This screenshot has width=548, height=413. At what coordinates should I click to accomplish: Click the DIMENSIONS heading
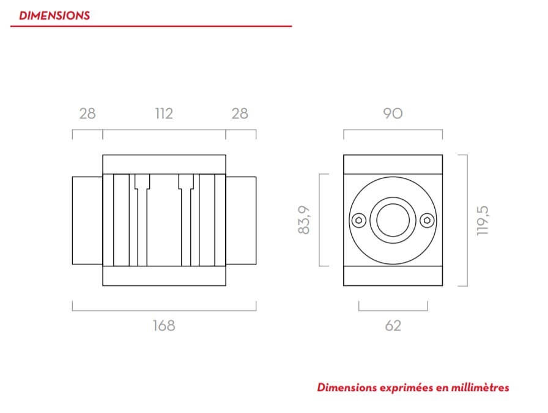pyautogui.click(x=54, y=15)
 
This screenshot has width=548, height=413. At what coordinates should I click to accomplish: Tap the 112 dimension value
pyautogui.click(x=164, y=114)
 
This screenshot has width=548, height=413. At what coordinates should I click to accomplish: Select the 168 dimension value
pyautogui.click(x=164, y=326)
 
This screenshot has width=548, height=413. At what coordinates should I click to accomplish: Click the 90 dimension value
pyautogui.click(x=393, y=114)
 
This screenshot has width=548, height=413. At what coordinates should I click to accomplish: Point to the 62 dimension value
pyautogui.click(x=393, y=326)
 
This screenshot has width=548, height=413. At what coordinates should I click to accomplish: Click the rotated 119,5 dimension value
pyautogui.click(x=484, y=220)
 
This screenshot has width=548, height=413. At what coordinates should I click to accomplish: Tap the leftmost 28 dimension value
pyautogui.click(x=87, y=114)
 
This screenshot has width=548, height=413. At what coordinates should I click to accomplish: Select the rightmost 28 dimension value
pyautogui.click(x=240, y=114)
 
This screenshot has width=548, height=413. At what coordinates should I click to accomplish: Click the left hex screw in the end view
pyautogui.click(x=359, y=220)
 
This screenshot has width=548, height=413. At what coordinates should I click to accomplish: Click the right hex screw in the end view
pyautogui.click(x=427, y=220)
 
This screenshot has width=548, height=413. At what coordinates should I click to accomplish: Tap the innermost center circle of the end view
pyautogui.click(x=393, y=220)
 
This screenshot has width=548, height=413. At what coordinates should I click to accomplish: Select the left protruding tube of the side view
pyautogui.click(x=87, y=220)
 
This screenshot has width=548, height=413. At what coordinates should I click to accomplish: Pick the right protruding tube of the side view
pyautogui.click(x=241, y=220)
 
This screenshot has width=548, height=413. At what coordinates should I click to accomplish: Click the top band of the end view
pyautogui.click(x=393, y=165)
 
